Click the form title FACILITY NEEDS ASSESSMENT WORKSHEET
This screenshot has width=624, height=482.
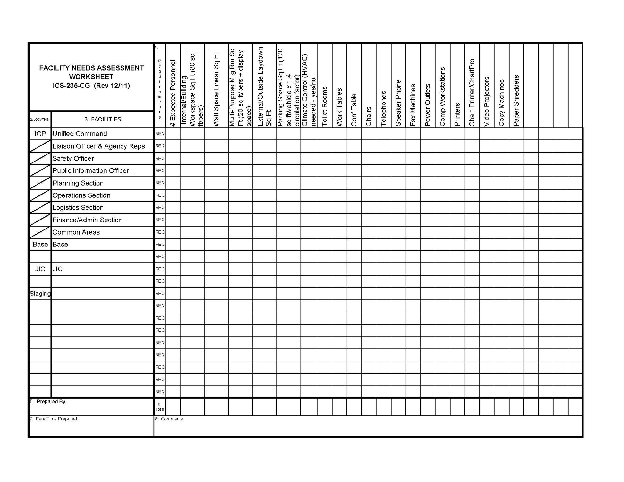[91, 72]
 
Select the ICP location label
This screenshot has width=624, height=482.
[40, 134]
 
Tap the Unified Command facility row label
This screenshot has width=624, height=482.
[80, 134]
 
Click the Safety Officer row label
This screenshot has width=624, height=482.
[73, 158]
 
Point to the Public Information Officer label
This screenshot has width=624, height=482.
[91, 170]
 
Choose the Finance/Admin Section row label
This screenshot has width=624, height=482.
[87, 220]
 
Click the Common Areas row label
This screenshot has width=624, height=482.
[76, 232]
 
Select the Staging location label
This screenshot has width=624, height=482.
[40, 294]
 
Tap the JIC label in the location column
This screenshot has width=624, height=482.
[40, 269]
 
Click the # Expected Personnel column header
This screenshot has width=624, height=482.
[173, 93]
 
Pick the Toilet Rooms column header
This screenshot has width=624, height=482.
[325, 106]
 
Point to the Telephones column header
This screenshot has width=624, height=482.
[384, 108]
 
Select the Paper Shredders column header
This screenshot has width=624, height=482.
[516, 100]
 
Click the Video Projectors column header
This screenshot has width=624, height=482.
[487, 101]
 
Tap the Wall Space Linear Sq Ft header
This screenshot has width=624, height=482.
[216, 90]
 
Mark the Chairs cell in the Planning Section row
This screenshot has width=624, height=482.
[369, 183]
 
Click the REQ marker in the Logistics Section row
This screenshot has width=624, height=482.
[160, 207]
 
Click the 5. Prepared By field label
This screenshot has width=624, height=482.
[48, 402]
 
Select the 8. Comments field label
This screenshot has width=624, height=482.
[169, 419]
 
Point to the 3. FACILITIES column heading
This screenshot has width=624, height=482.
[103, 119]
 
